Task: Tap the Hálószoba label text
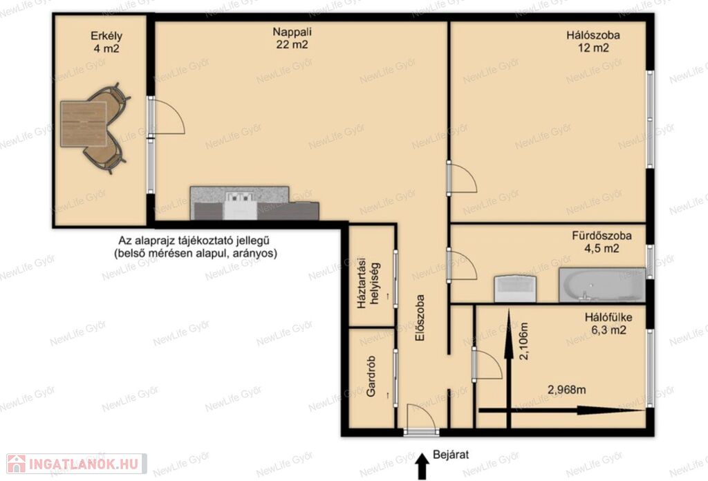pos(593,35)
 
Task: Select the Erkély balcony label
pos(106,36)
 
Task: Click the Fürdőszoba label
pos(602,236)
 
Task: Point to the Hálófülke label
pos(608,317)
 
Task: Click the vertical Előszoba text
pos(420,318)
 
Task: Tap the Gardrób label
pos(371,377)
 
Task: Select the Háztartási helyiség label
pos(368,285)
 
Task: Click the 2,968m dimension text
pos(567,389)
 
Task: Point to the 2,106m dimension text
pos(523,341)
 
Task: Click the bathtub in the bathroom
pos(602,285)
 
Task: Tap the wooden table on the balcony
pos(84,124)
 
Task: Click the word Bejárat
pos(451,454)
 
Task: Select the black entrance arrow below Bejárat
pos(422,466)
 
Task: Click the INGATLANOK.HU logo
pos(77,464)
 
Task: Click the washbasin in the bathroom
pos(515,289)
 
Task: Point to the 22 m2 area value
pos(292,45)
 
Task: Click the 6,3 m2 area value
pos(608,330)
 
